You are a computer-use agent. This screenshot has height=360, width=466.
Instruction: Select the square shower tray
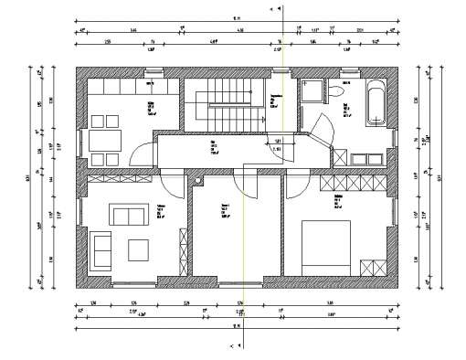coord(313,90)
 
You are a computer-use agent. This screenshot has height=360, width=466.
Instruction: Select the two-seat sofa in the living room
coord(128,216)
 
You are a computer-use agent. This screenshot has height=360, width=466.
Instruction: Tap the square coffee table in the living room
coord(140,249)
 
